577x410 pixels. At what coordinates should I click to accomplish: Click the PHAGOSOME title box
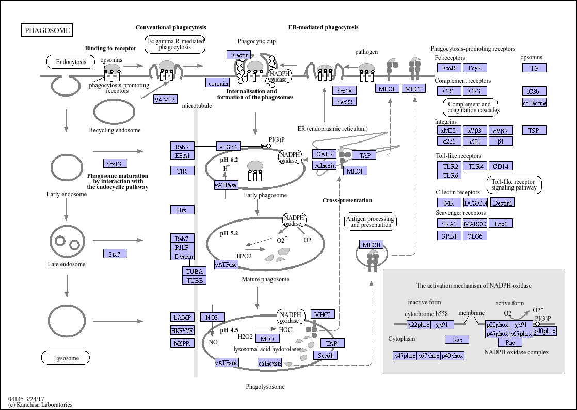tap(47, 30)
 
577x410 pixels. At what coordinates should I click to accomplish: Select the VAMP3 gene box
tap(165, 99)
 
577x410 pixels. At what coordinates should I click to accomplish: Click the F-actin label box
tap(239, 55)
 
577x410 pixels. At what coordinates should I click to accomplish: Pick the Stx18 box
tap(344, 90)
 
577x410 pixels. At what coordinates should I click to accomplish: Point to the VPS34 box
tap(228, 147)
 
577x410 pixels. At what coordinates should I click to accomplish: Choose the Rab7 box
tap(182, 239)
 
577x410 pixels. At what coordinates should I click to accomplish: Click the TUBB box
tap(194, 280)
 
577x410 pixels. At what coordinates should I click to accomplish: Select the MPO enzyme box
tap(267, 339)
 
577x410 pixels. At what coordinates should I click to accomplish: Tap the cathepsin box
tap(270, 363)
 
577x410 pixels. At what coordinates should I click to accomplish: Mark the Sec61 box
tap(325, 355)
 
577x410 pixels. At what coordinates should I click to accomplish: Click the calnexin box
tap(325, 166)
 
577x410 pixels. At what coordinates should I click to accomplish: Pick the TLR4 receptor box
tap(475, 166)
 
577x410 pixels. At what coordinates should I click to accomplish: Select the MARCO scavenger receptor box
tap(475, 223)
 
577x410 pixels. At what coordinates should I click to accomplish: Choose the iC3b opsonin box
tap(534, 91)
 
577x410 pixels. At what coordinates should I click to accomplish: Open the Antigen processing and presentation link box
tap(371, 222)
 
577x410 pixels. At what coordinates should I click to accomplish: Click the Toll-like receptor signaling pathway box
tap(514, 184)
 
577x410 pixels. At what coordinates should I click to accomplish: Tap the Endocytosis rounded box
tap(71, 62)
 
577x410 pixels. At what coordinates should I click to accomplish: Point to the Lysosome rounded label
tap(66, 358)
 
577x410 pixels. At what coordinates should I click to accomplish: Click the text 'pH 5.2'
tap(229, 233)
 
